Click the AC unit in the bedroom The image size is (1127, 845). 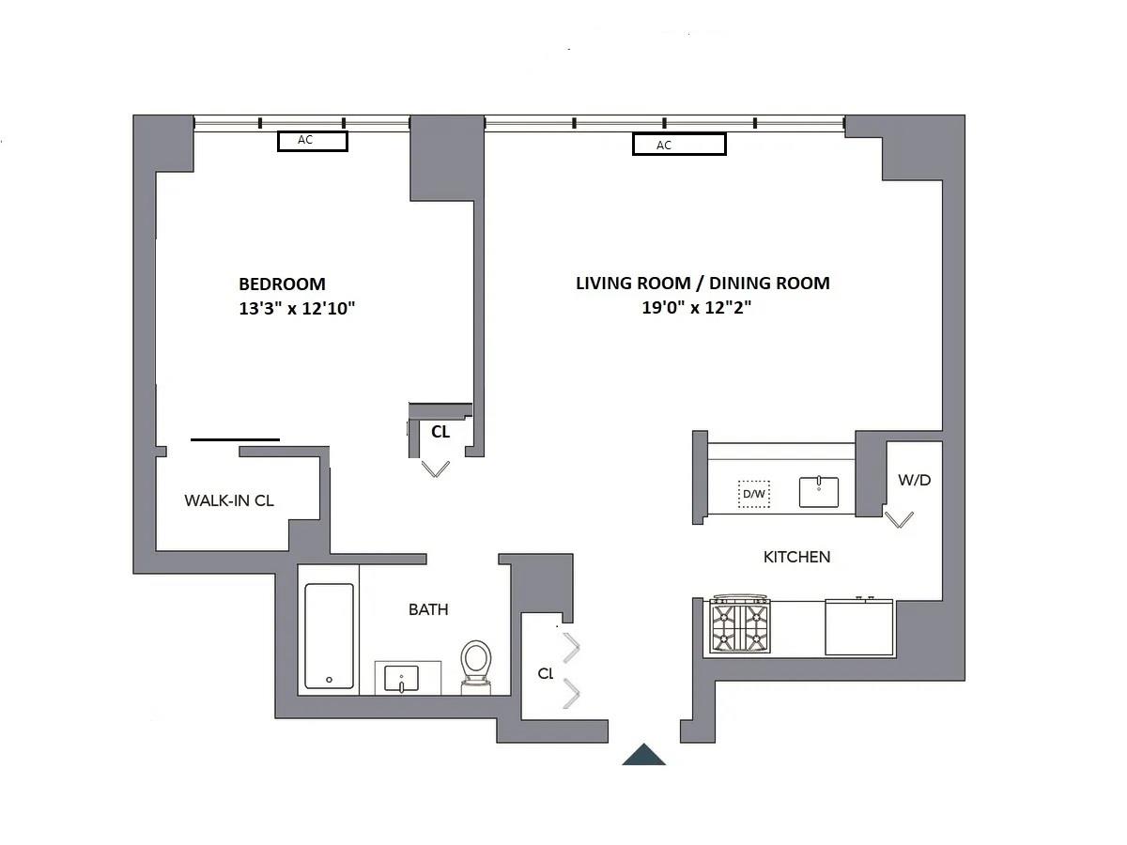pyautogui.click(x=312, y=141)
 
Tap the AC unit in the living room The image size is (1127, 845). pyautogui.click(x=678, y=145)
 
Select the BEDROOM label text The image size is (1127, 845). pyautogui.click(x=282, y=284)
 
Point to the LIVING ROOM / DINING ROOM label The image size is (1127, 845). pyautogui.click(x=702, y=283)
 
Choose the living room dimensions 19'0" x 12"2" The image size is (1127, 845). pyautogui.click(x=696, y=307)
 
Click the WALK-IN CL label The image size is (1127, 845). pyautogui.click(x=229, y=500)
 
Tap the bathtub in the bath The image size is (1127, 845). pyautogui.click(x=330, y=637)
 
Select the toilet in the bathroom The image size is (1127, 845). pyautogui.click(x=476, y=664)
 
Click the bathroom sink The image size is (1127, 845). pyautogui.click(x=408, y=677)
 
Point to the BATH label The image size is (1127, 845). pyautogui.click(x=428, y=609)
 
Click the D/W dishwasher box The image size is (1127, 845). pyautogui.click(x=753, y=493)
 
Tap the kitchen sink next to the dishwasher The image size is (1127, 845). pyautogui.click(x=819, y=491)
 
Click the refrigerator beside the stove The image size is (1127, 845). pyautogui.click(x=859, y=627)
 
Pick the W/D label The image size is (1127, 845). pyautogui.click(x=914, y=480)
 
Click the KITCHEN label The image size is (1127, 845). pyautogui.click(x=796, y=557)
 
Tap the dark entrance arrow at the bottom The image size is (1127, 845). pyautogui.click(x=644, y=754)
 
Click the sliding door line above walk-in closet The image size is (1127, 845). pyautogui.click(x=235, y=438)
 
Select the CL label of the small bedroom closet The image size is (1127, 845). pyautogui.click(x=440, y=432)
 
